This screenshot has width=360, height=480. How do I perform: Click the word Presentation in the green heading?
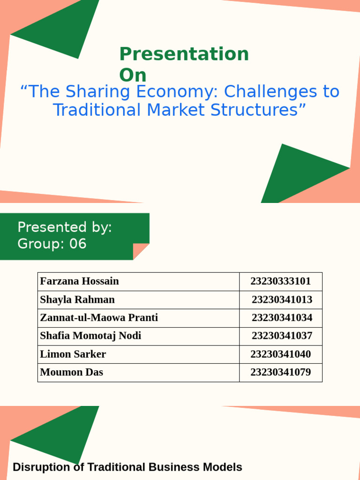[x=184, y=54]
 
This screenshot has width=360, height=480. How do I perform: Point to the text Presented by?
[x=65, y=227]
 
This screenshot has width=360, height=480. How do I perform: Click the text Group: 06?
[x=52, y=244]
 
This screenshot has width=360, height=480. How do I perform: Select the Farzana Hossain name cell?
[x=80, y=281]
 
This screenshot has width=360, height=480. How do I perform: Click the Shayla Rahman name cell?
[x=77, y=300]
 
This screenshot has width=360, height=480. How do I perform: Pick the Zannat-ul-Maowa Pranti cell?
[x=99, y=318]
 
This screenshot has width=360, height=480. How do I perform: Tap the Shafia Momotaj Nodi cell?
[x=90, y=336]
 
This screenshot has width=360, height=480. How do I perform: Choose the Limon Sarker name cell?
[x=73, y=354]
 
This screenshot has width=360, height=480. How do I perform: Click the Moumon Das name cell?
[x=72, y=373]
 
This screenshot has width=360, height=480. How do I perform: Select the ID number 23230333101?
[x=280, y=281]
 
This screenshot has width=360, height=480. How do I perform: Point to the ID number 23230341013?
[x=282, y=300]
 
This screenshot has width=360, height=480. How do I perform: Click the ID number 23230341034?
[x=282, y=318]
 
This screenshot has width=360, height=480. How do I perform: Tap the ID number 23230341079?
[x=280, y=373]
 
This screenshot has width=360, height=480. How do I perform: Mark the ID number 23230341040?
[x=280, y=354]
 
